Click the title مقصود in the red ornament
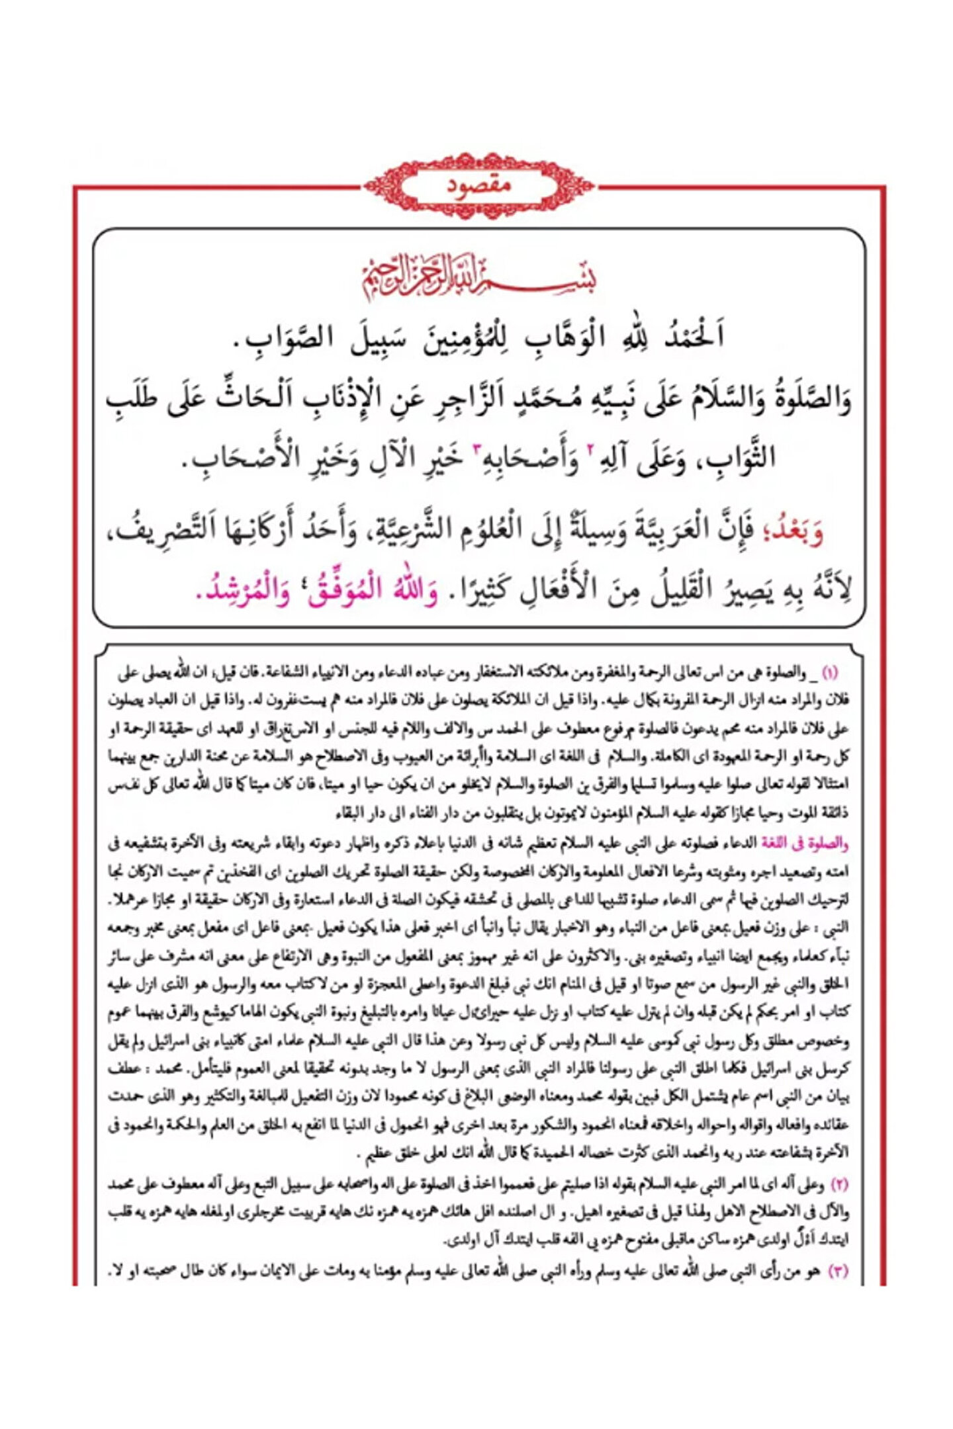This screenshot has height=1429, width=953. pos(478,185)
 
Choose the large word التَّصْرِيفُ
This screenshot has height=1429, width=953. pos(172,529)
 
